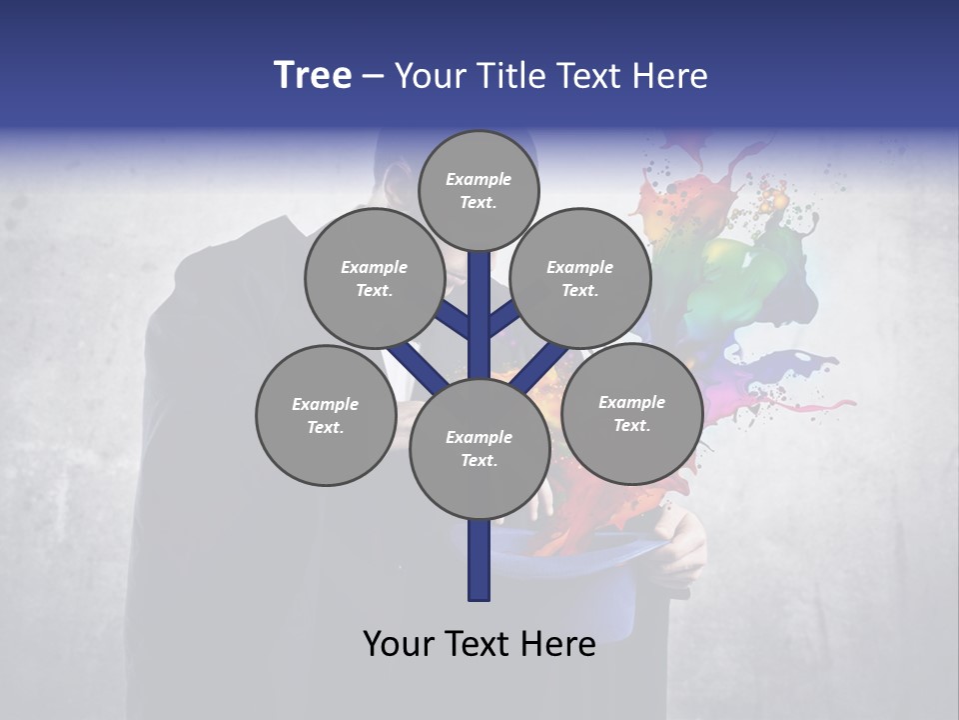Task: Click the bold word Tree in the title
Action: coord(313,76)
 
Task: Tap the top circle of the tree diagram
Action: coord(479,190)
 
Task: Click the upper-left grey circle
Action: coord(375,278)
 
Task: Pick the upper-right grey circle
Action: coord(580,278)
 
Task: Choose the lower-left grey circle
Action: coord(326,415)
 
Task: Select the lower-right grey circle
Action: coord(631,413)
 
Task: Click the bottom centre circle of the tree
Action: coord(479,448)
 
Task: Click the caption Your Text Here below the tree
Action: coord(479,644)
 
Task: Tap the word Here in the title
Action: coord(673,76)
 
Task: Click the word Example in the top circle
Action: coord(479,179)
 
